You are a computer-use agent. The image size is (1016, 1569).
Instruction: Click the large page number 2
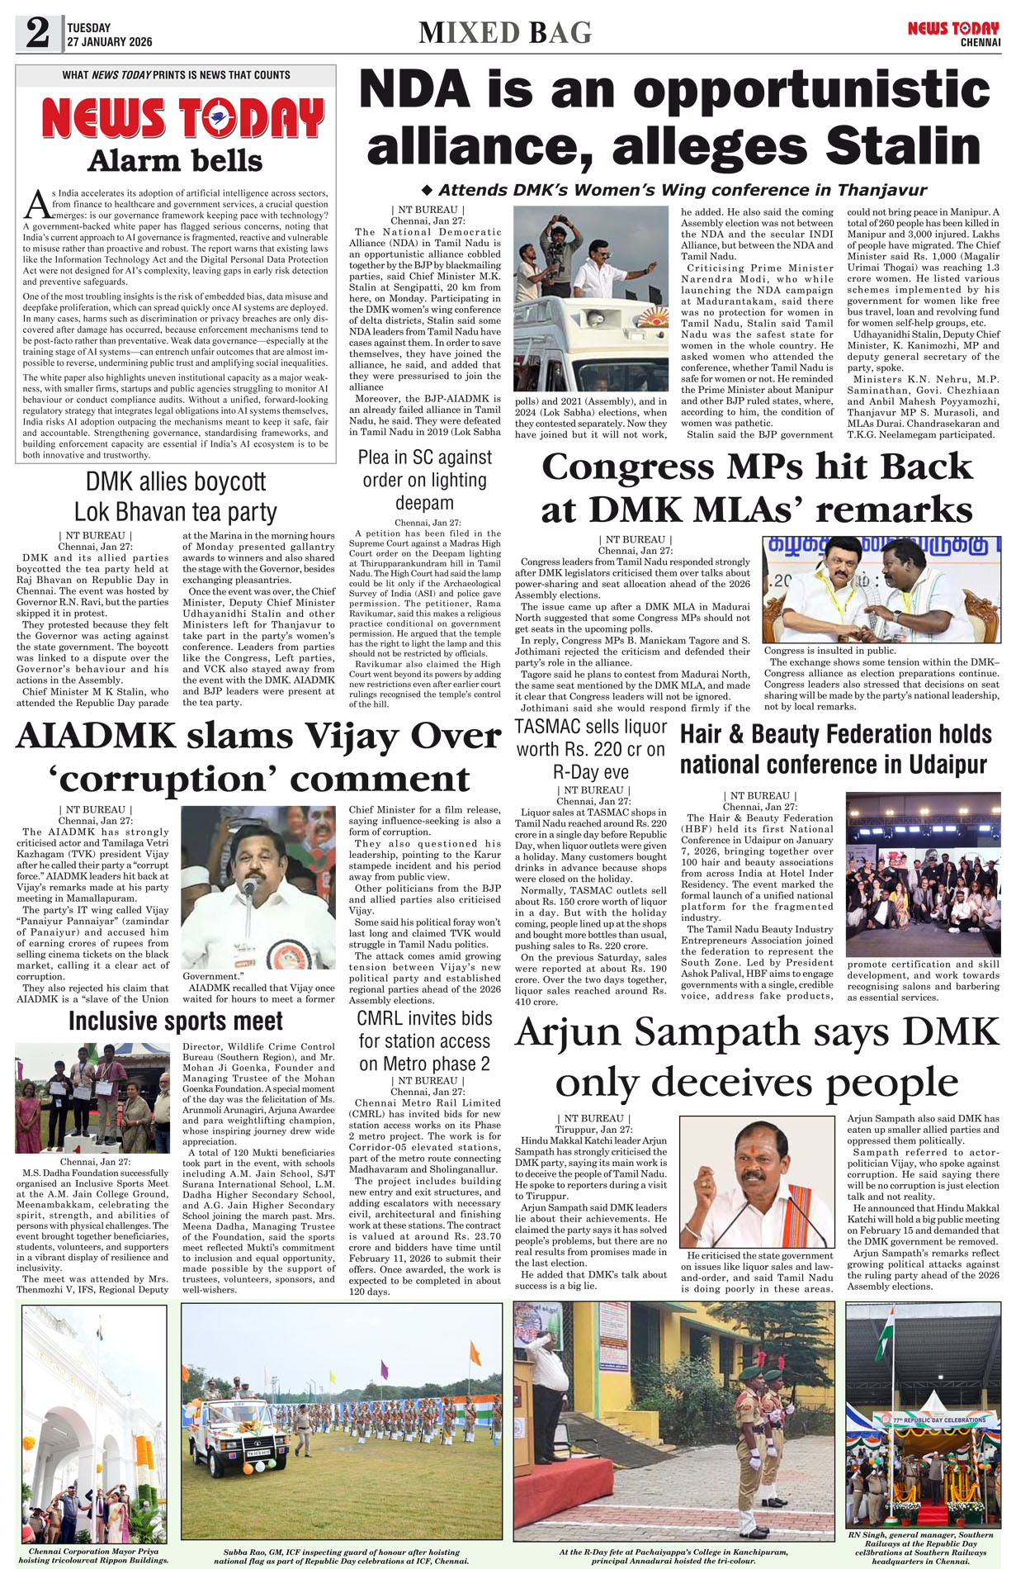point(37,33)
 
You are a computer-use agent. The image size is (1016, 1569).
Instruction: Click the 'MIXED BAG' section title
point(505,33)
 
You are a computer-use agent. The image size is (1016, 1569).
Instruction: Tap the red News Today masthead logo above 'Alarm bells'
point(182,118)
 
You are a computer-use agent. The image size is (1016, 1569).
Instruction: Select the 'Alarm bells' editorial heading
point(175,161)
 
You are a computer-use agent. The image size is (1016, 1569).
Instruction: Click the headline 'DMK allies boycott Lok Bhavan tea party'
point(176,496)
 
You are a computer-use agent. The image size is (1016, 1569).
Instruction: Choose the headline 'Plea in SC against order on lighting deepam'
point(424,480)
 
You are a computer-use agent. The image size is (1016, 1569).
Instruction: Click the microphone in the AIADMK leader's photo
point(248,887)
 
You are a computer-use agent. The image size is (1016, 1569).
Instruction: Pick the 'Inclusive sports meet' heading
point(176,1022)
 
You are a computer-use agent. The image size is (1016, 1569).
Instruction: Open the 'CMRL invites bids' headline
point(424,1040)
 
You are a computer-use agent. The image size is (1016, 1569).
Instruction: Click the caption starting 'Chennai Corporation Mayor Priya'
point(93,1555)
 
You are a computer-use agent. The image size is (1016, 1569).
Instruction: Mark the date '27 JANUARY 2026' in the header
point(110,42)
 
